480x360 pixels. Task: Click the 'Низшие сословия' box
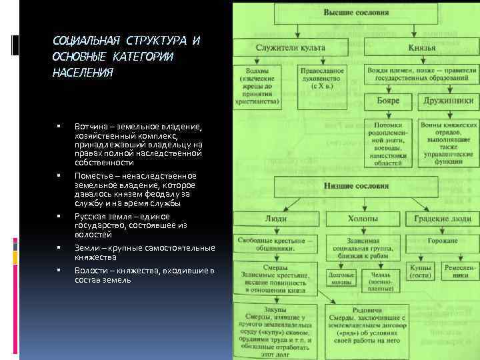[x=357, y=186]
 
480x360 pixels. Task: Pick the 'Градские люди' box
[x=445, y=218]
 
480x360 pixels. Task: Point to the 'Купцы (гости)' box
[x=419, y=271]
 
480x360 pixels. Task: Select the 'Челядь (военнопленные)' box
[x=379, y=280]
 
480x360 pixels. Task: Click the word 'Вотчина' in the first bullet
[x=89, y=125]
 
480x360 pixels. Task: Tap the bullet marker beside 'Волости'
[x=59, y=269]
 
